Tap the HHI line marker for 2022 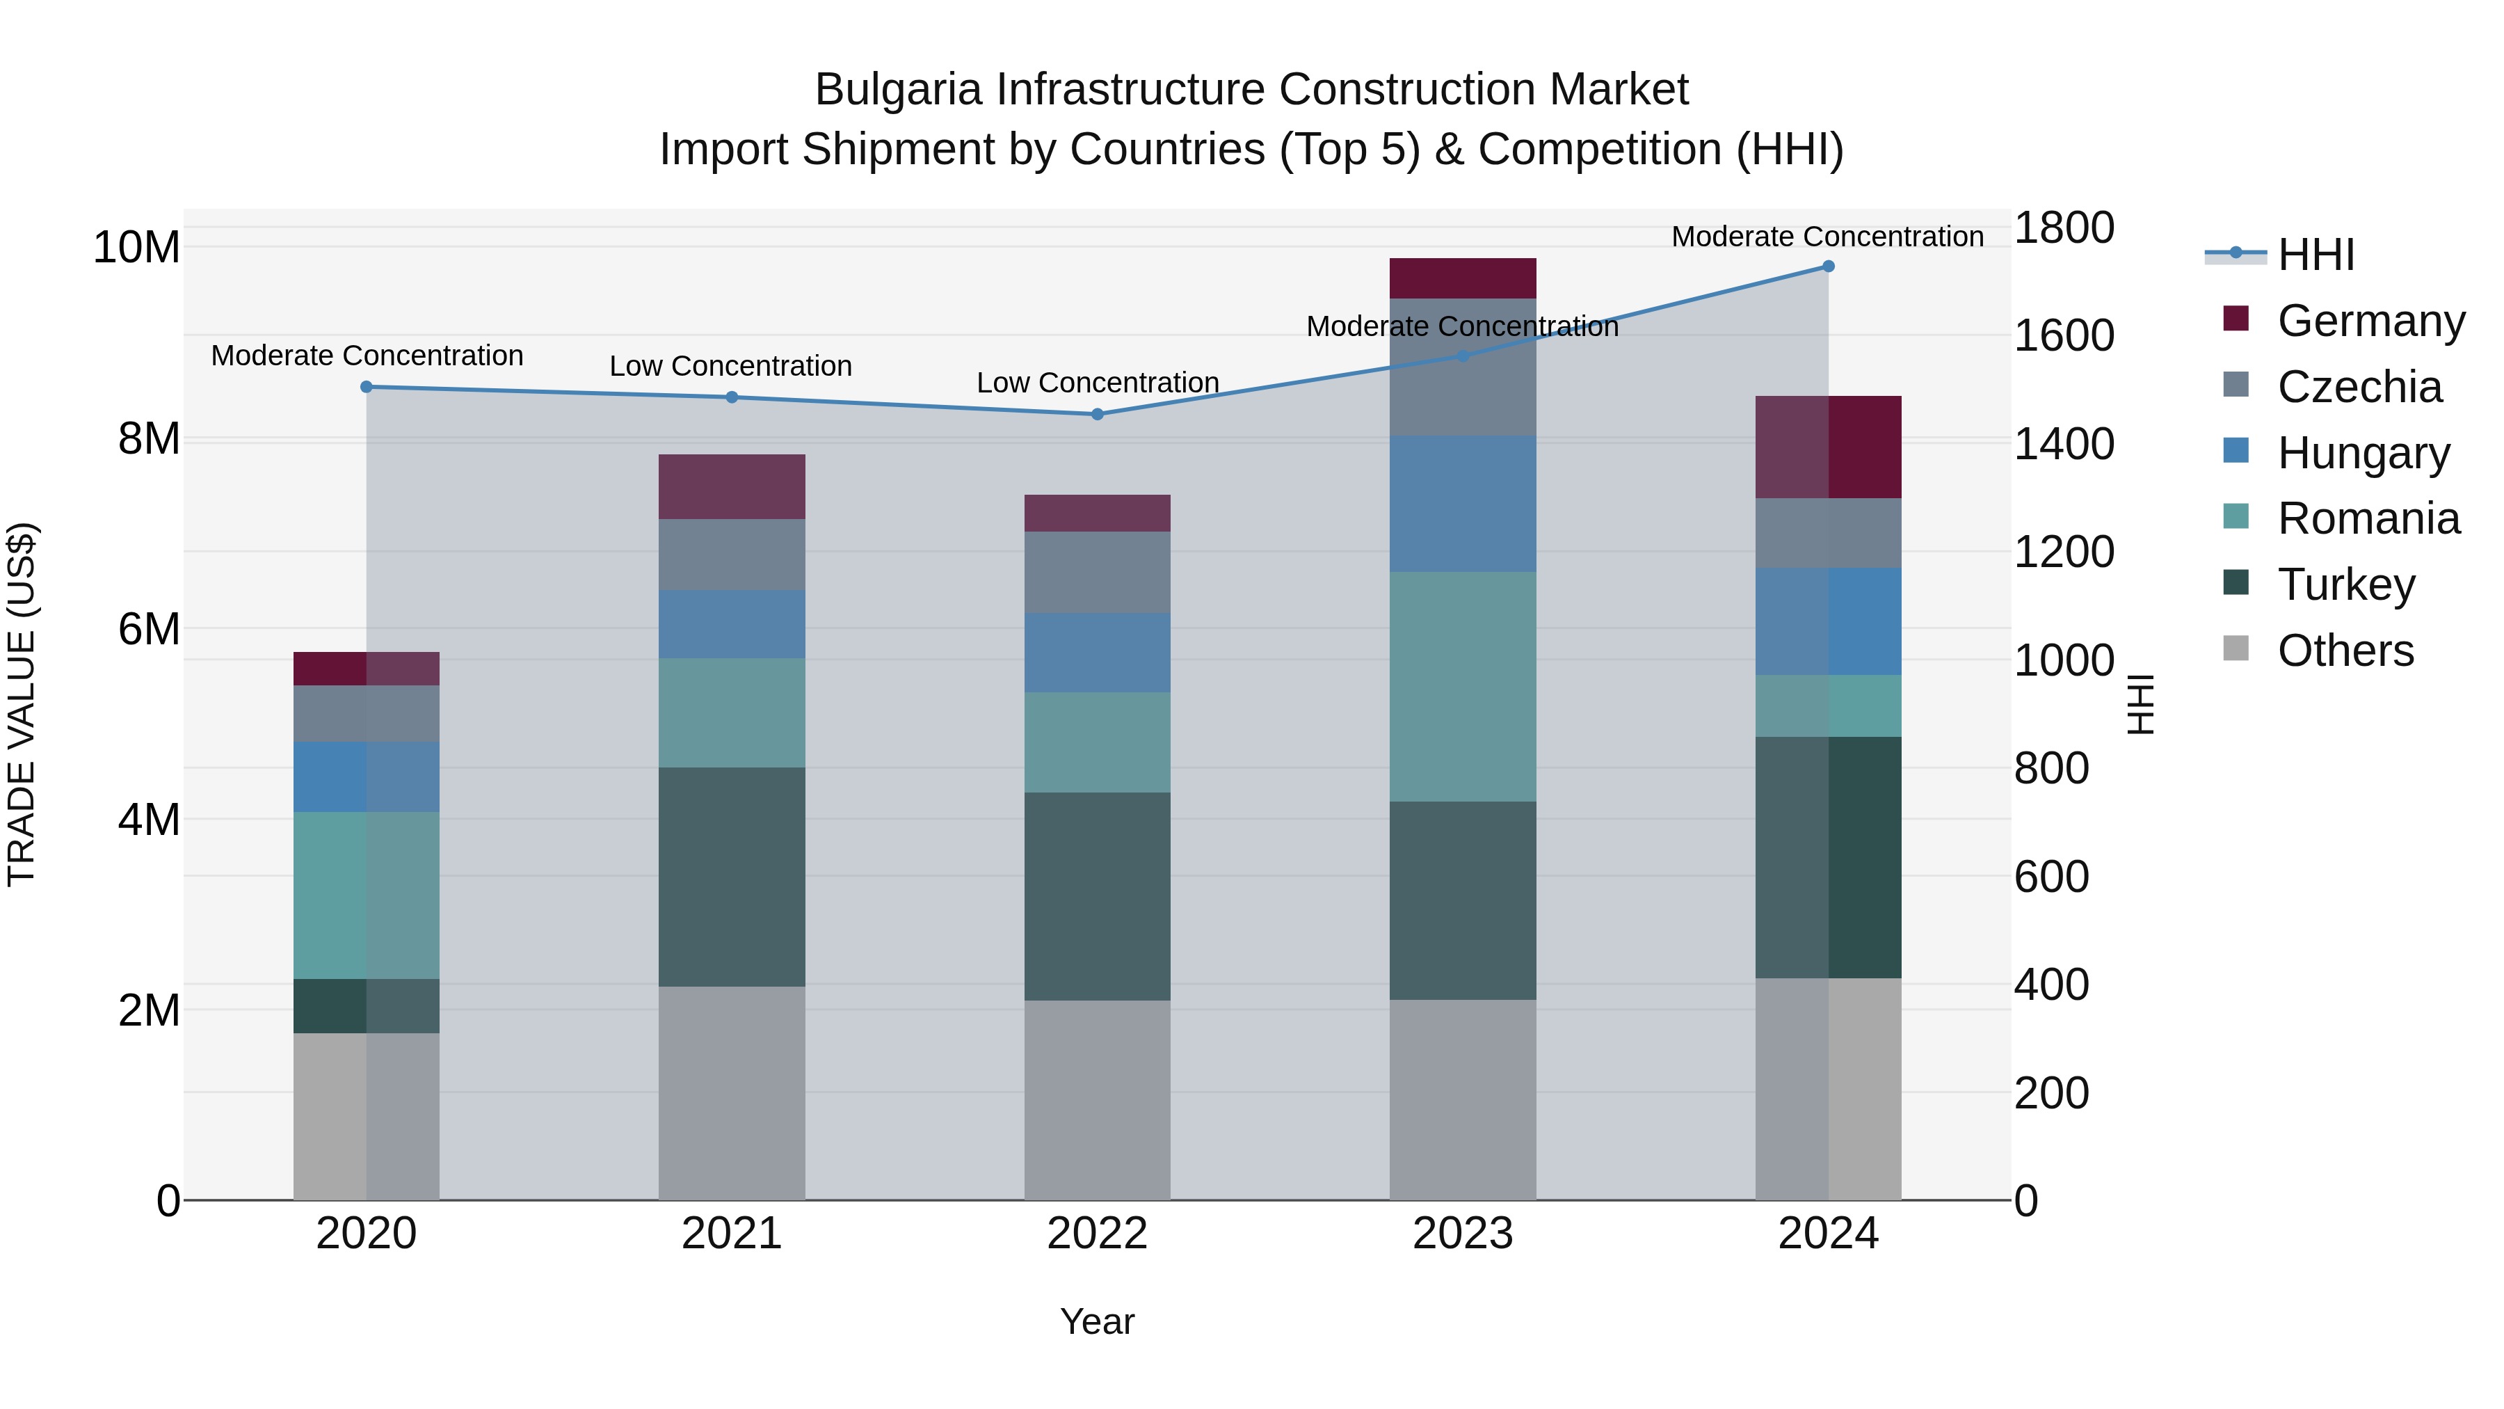pyautogui.click(x=1098, y=414)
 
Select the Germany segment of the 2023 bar pyautogui.click(x=1462, y=278)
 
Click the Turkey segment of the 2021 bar pyautogui.click(x=732, y=877)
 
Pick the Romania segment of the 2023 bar pyautogui.click(x=1462, y=687)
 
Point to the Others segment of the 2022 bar pyautogui.click(x=1098, y=1100)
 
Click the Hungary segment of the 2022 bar pyautogui.click(x=1098, y=653)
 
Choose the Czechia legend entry pyautogui.click(x=2359, y=387)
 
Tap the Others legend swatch pyautogui.click(x=2236, y=648)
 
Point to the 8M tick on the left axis pyautogui.click(x=149, y=438)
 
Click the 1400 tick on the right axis pyautogui.click(x=2063, y=445)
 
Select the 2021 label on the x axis pyautogui.click(x=732, y=1234)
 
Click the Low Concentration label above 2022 pyautogui.click(x=1098, y=383)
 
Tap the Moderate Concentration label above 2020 pyautogui.click(x=367, y=356)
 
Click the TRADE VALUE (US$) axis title pyautogui.click(x=22, y=704)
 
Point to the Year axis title pyautogui.click(x=1098, y=1321)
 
